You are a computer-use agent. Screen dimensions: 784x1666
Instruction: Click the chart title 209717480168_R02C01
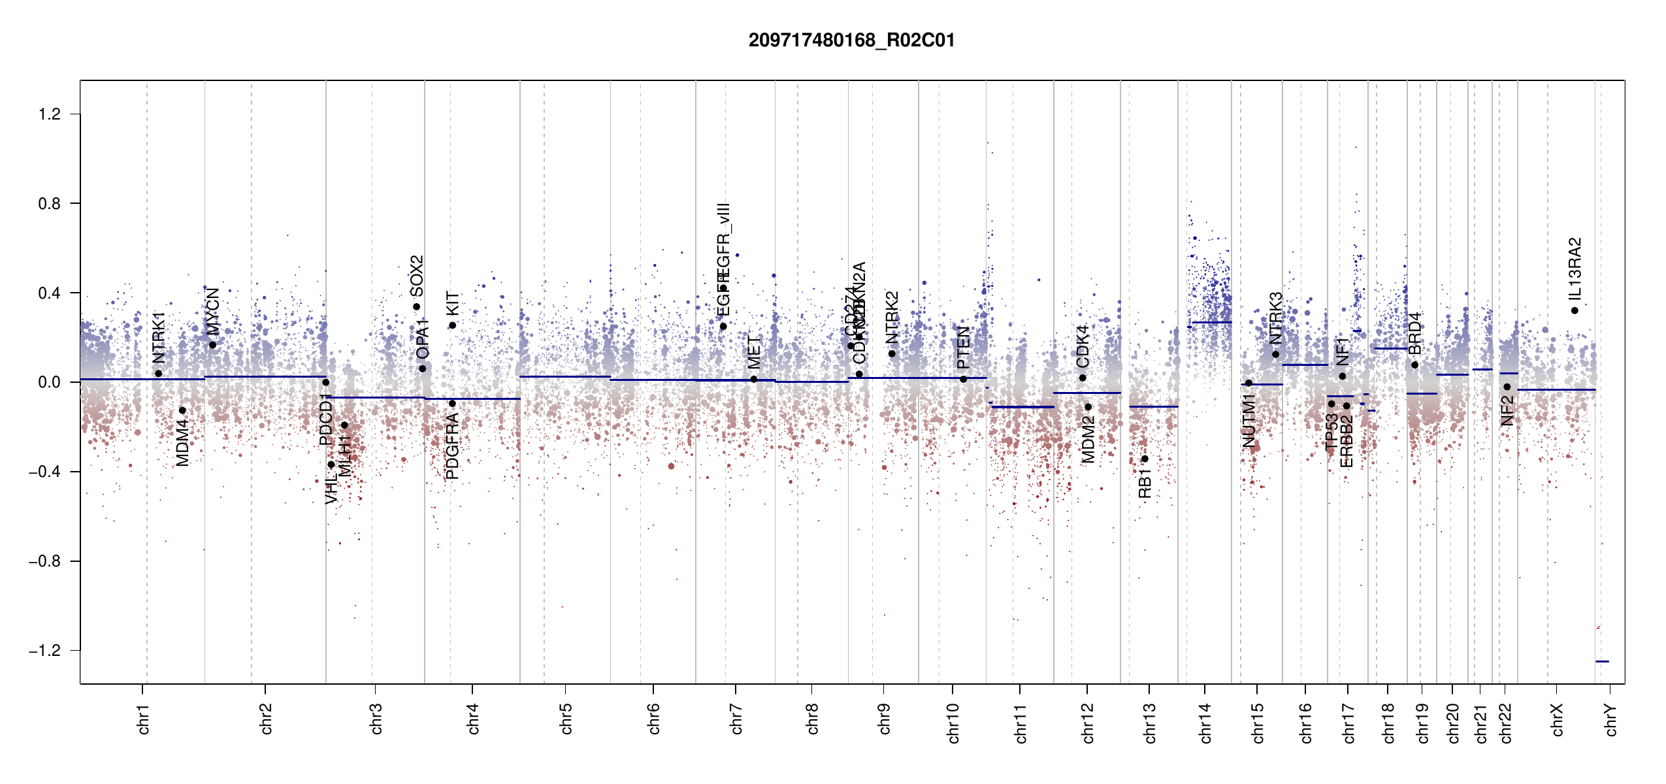pos(851,41)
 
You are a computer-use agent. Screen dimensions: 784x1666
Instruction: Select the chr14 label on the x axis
pos(1205,723)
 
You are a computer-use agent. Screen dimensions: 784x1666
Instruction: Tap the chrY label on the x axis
pos(1611,719)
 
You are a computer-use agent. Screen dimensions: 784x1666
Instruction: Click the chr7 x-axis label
pos(736,719)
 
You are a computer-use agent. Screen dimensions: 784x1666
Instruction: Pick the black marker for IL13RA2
pos(1575,310)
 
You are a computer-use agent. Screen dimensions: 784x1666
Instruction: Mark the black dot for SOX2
pos(416,307)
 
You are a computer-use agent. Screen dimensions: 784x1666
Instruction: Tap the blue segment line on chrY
pos(1602,661)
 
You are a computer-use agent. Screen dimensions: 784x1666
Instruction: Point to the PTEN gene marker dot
pos(963,379)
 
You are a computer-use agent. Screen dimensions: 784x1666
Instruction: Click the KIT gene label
pos(452,304)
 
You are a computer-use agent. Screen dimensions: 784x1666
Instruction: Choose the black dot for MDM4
pos(182,410)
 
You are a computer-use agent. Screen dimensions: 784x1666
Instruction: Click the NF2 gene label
pos(1507,411)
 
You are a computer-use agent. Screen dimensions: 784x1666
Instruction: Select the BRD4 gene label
pos(1414,333)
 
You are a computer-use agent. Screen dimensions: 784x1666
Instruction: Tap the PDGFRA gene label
pos(452,446)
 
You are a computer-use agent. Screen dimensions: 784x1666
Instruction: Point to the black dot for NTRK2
pos(892,353)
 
